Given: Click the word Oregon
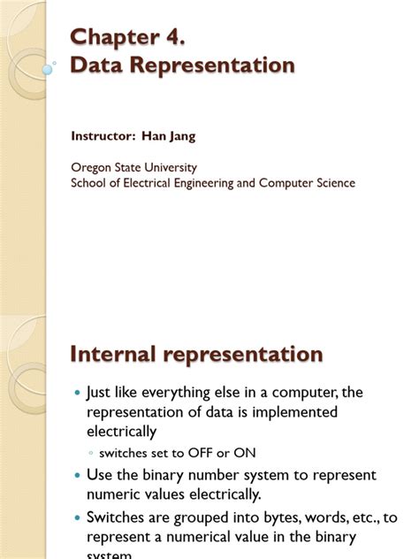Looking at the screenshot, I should pyautogui.click(x=91, y=167).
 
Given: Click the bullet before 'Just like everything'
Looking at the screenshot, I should pyautogui.click(x=77, y=392).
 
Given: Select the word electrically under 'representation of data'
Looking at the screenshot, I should pyautogui.click(x=121, y=433).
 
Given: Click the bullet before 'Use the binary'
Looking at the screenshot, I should pyautogui.click(x=77, y=476).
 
